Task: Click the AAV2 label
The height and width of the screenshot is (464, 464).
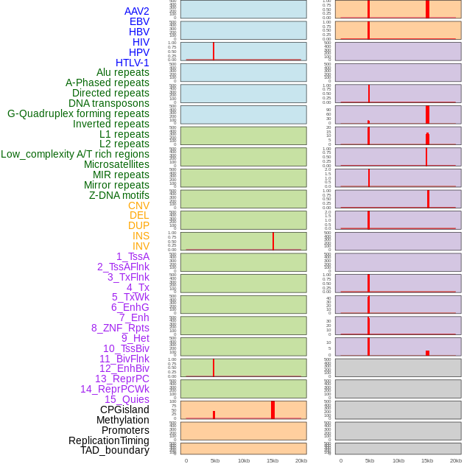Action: click(x=136, y=11)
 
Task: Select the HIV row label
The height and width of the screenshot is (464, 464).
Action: click(x=141, y=42)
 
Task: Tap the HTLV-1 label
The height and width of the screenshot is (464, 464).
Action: click(x=132, y=63)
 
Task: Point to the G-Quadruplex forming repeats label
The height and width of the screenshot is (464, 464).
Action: click(x=78, y=113)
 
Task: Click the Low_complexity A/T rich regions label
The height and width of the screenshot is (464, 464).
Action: click(x=75, y=154)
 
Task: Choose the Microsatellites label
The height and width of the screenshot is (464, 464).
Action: click(x=116, y=164)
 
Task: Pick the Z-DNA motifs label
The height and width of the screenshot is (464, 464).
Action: click(x=119, y=195)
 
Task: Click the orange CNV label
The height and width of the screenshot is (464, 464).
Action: click(x=138, y=205)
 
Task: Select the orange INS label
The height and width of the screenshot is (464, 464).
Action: click(x=141, y=236)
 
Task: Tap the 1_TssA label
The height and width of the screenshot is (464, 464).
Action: click(x=133, y=256)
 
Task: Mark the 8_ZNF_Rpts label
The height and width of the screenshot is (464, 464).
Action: click(x=120, y=328)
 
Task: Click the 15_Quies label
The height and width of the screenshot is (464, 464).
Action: click(x=127, y=399)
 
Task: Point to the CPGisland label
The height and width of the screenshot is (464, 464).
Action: click(x=124, y=409)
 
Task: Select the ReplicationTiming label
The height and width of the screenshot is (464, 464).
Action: click(x=109, y=440)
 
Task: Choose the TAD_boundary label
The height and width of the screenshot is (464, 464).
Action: click(x=115, y=450)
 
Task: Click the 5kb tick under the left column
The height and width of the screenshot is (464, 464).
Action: click(x=215, y=460)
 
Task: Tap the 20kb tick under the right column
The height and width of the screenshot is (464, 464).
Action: click(x=456, y=460)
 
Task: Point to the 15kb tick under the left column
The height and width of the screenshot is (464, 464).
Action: click(x=273, y=460)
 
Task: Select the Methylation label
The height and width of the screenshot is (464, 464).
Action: click(x=123, y=420)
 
